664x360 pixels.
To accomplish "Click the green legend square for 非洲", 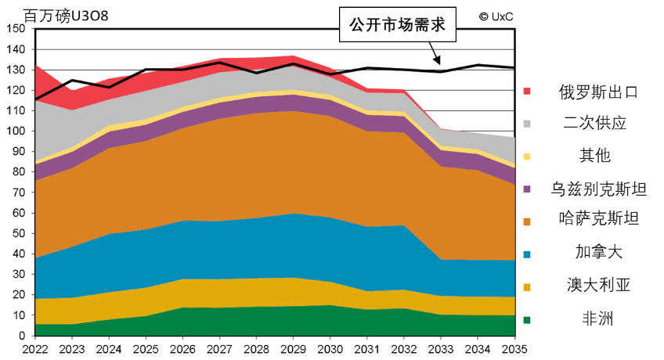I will point(527,319).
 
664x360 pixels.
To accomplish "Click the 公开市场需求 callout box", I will point(398,25).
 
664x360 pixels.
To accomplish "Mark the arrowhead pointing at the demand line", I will point(438,62).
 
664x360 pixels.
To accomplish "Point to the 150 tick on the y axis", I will point(16,28).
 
